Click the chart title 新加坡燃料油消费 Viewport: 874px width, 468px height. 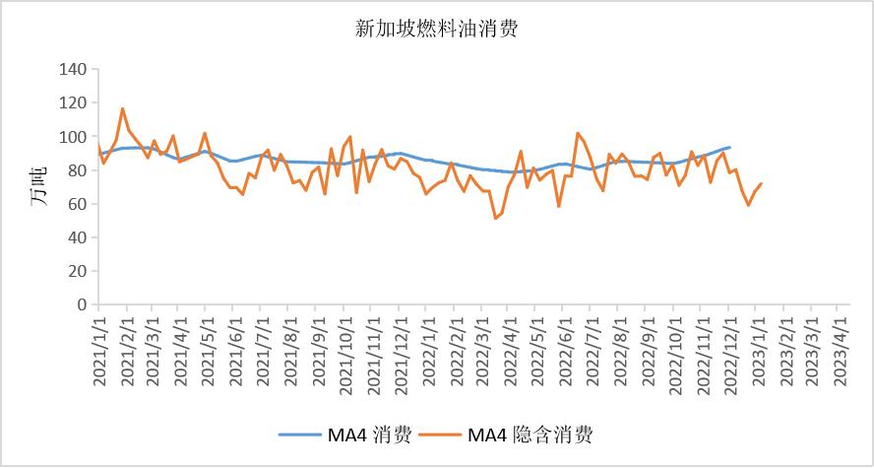click(x=436, y=30)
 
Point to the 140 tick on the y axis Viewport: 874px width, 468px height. click(x=73, y=69)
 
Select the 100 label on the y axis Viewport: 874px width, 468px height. click(x=73, y=137)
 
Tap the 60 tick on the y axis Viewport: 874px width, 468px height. click(x=77, y=204)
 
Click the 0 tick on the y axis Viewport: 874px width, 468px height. click(x=82, y=304)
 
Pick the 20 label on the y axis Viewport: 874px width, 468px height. click(x=77, y=271)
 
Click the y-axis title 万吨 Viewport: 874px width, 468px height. click(x=38, y=187)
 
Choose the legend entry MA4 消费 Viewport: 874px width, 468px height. click(x=344, y=434)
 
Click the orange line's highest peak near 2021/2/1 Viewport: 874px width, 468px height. click(x=123, y=108)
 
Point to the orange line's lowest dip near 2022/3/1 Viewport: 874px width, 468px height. click(x=495, y=218)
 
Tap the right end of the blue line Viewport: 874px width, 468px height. click(x=729, y=147)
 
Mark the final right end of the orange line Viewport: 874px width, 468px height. click(x=762, y=183)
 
